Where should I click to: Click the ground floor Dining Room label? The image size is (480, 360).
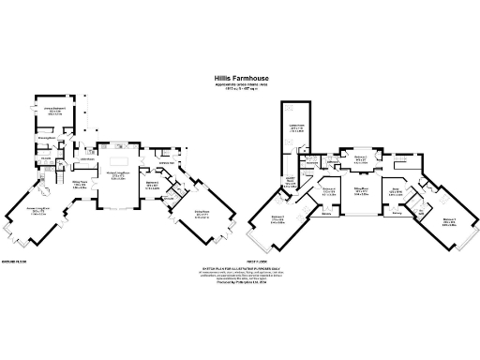click(x=80, y=184)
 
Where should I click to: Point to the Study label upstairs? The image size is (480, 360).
click(x=396, y=191)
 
